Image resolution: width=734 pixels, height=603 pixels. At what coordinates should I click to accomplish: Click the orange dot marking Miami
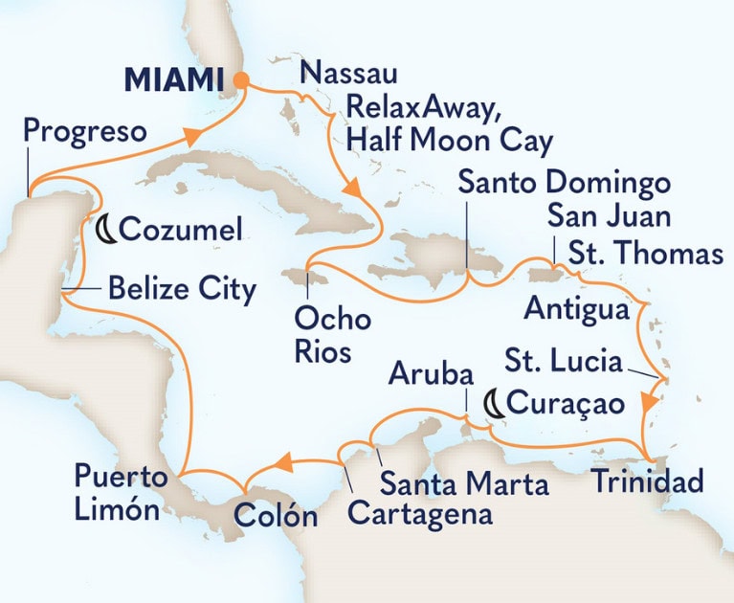tap(242, 80)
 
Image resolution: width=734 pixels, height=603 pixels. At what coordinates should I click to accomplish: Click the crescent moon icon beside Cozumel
tap(109, 230)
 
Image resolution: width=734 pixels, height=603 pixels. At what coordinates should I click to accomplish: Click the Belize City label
tap(182, 288)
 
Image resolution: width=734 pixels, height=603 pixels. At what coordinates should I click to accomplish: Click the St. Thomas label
tap(645, 256)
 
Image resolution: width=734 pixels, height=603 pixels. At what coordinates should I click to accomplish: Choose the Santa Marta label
tap(464, 483)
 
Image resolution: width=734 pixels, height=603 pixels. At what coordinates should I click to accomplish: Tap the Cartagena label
tap(420, 514)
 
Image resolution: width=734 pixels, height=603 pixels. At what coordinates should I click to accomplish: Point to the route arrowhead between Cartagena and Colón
tap(283, 464)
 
